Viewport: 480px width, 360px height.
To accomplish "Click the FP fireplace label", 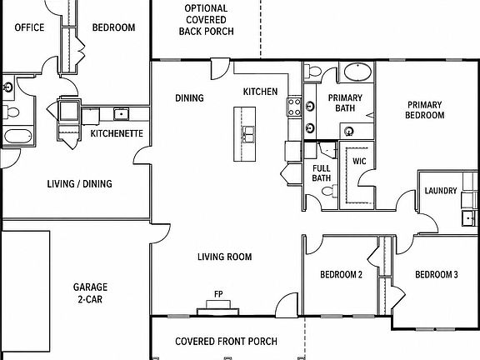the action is tap(218, 294).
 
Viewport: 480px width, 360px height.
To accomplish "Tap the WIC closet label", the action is tap(359, 161).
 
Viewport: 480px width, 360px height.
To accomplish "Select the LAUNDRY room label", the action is tap(441, 191).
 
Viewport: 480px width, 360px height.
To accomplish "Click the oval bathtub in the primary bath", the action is tap(357, 72).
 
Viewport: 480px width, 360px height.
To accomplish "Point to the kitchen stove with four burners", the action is tap(294, 107).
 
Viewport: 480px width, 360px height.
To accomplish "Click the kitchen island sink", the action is tap(248, 134).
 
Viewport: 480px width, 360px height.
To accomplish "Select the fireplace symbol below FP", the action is tap(218, 308).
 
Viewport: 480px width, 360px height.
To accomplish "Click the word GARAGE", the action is tap(90, 287).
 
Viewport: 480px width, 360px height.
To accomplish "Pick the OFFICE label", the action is tap(29, 27).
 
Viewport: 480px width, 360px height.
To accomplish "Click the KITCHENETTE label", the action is tap(117, 133).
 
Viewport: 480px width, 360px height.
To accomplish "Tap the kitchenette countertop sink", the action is tap(122, 114).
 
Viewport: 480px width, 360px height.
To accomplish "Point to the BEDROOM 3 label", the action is tap(437, 275).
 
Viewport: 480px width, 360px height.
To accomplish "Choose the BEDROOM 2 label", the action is tap(342, 275).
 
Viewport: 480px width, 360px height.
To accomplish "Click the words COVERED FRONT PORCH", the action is tap(226, 342).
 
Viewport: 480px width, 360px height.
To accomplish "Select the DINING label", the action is tap(189, 98).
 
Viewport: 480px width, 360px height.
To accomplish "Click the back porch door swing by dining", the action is tap(220, 69).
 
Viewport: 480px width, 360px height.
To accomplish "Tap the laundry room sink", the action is tap(469, 218).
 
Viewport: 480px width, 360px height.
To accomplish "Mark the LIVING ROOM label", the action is tap(225, 257).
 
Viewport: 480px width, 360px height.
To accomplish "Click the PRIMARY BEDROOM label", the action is tap(425, 110).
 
